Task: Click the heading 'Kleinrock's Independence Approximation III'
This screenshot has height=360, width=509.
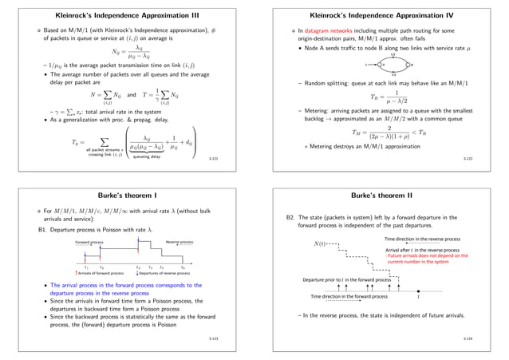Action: pyautogui.click(x=127, y=16)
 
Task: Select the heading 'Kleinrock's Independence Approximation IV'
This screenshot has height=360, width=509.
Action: pyautogui.click(x=381, y=16)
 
